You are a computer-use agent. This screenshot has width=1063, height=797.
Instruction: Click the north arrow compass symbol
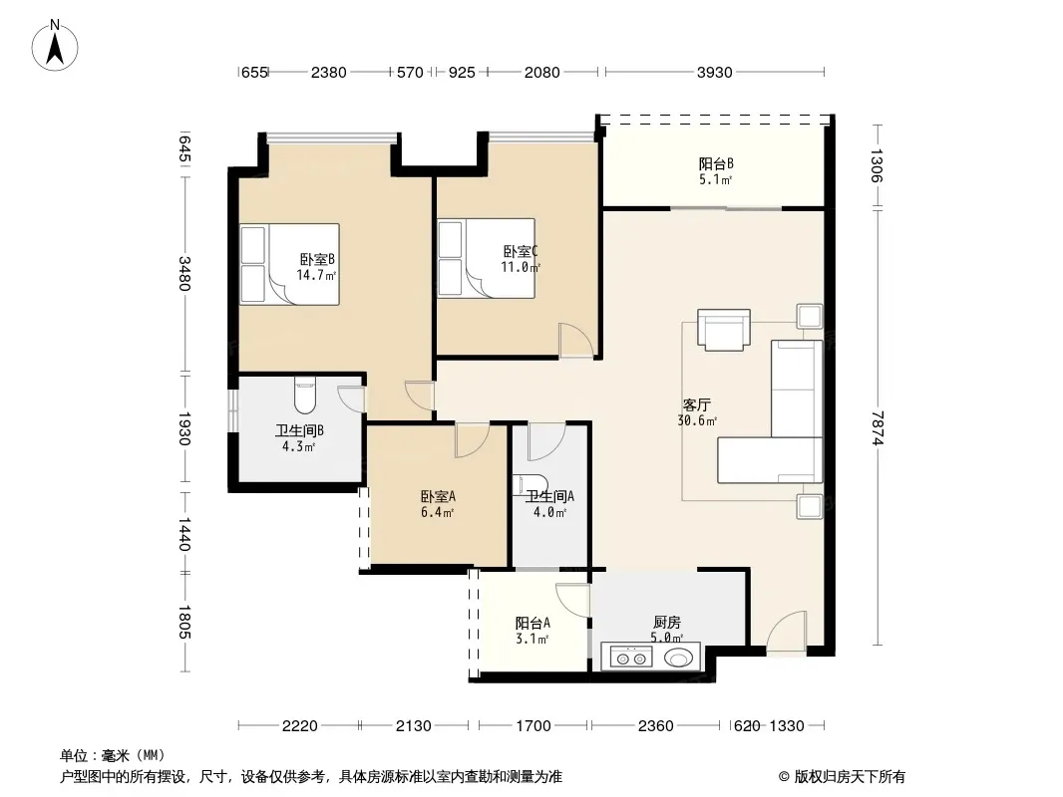(x=55, y=46)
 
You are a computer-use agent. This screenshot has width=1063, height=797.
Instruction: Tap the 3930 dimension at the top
(x=715, y=72)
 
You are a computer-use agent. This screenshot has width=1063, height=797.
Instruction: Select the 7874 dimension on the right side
(x=878, y=428)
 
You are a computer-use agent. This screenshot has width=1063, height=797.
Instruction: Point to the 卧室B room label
(x=317, y=259)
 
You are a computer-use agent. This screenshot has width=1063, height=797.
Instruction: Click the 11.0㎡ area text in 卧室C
(x=521, y=267)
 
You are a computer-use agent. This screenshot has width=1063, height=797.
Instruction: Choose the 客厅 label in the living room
(x=696, y=404)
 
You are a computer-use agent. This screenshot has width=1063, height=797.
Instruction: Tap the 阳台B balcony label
(x=716, y=163)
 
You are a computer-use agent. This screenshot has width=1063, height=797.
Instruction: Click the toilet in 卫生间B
(x=306, y=395)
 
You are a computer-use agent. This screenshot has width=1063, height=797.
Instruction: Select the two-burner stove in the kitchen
(x=631, y=657)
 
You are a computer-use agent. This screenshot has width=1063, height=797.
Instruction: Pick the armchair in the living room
(x=724, y=330)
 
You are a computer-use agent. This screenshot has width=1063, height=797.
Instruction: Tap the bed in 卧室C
(x=486, y=258)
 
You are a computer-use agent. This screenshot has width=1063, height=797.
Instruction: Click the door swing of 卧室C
(x=575, y=341)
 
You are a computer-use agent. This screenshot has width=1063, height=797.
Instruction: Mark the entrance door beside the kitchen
(x=787, y=633)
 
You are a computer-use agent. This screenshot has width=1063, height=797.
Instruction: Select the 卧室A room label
(x=438, y=496)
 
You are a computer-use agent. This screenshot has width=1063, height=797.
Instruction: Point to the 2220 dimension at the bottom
(x=299, y=726)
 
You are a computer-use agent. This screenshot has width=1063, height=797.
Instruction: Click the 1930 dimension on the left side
(x=184, y=428)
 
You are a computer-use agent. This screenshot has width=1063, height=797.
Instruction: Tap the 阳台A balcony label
(x=532, y=623)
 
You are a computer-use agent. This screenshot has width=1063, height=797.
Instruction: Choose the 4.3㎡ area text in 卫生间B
(x=298, y=447)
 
